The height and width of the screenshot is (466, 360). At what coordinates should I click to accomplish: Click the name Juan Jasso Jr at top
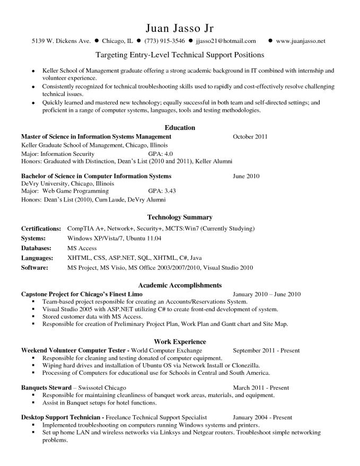click(x=179, y=27)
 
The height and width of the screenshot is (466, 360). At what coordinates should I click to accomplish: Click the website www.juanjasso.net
click(x=301, y=41)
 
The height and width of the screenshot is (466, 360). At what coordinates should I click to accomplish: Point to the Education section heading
click(x=180, y=128)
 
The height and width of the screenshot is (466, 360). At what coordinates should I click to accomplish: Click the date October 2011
click(x=250, y=137)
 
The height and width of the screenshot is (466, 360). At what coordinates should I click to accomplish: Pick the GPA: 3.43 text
click(x=162, y=191)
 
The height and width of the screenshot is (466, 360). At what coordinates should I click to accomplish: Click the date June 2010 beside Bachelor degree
click(x=246, y=176)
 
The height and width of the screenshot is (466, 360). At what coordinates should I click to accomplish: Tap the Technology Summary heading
click(x=180, y=217)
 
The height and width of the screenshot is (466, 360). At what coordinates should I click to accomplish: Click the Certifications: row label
click(x=41, y=228)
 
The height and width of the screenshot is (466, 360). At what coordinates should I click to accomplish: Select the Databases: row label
click(x=36, y=248)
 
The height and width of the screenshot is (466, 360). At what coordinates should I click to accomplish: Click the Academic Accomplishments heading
click(x=180, y=285)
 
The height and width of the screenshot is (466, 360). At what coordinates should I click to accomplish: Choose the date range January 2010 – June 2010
click(x=267, y=294)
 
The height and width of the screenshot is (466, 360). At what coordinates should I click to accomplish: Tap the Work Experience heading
click(x=180, y=342)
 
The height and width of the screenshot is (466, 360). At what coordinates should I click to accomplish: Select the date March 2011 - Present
click(x=261, y=388)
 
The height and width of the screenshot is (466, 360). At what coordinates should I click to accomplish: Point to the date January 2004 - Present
click(x=262, y=418)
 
